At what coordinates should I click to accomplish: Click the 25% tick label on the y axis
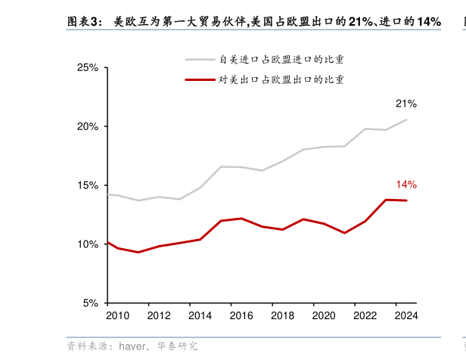click(x=88, y=68)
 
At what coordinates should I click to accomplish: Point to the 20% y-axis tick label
click(x=88, y=126)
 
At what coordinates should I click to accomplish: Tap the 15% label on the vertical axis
click(x=88, y=185)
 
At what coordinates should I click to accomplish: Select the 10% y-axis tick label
click(x=88, y=244)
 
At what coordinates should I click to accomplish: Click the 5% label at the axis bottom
click(x=91, y=303)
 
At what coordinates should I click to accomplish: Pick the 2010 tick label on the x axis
click(x=117, y=316)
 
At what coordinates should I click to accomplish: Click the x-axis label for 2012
click(x=158, y=316)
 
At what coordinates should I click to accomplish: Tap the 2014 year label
click(x=200, y=316)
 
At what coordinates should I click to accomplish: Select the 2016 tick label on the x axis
click(x=241, y=316)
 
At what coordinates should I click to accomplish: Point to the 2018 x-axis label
click(x=282, y=316)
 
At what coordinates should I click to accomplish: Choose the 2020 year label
click(x=323, y=316)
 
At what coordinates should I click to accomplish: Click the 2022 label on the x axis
click(x=365, y=316)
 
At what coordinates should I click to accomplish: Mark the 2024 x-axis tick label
click(x=405, y=316)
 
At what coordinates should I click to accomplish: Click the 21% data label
click(x=405, y=104)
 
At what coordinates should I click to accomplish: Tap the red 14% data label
click(x=406, y=185)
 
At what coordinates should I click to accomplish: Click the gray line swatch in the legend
click(x=200, y=59)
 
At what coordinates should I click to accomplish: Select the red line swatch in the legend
click(x=200, y=79)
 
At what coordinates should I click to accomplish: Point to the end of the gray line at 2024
click(x=406, y=119)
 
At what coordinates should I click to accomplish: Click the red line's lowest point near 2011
click(x=138, y=252)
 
